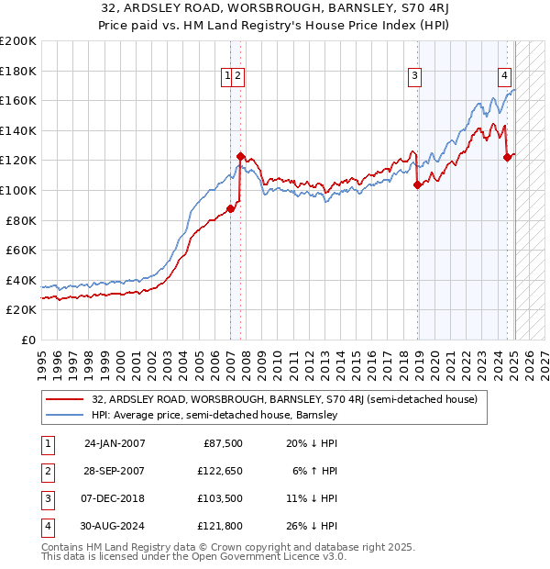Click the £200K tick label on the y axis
tap(18, 41)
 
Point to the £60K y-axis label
tap(21, 250)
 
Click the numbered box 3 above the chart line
tap(414, 77)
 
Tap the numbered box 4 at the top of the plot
tap(504, 77)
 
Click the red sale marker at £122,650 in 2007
tap(240, 156)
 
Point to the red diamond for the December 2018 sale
tap(418, 184)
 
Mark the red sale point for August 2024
tap(507, 158)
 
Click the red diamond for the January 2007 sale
tap(230, 208)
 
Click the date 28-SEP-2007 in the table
tap(115, 471)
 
